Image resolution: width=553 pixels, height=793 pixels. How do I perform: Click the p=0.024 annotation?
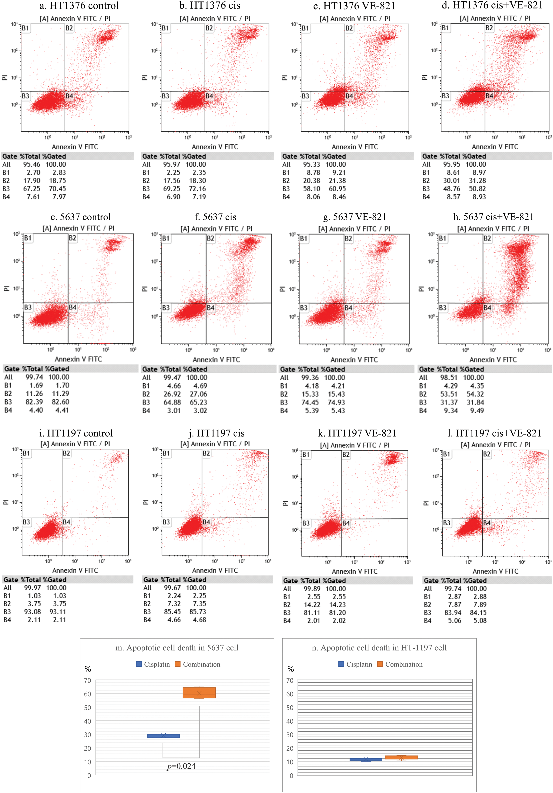(x=181, y=766)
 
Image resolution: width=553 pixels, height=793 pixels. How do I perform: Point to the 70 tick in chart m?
(x=88, y=680)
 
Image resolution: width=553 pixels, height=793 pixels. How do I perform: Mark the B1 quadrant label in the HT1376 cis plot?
(x=165, y=28)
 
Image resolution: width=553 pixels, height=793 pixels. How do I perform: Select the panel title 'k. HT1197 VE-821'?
(x=357, y=433)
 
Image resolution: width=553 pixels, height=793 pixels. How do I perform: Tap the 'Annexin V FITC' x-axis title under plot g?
(x=354, y=360)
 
